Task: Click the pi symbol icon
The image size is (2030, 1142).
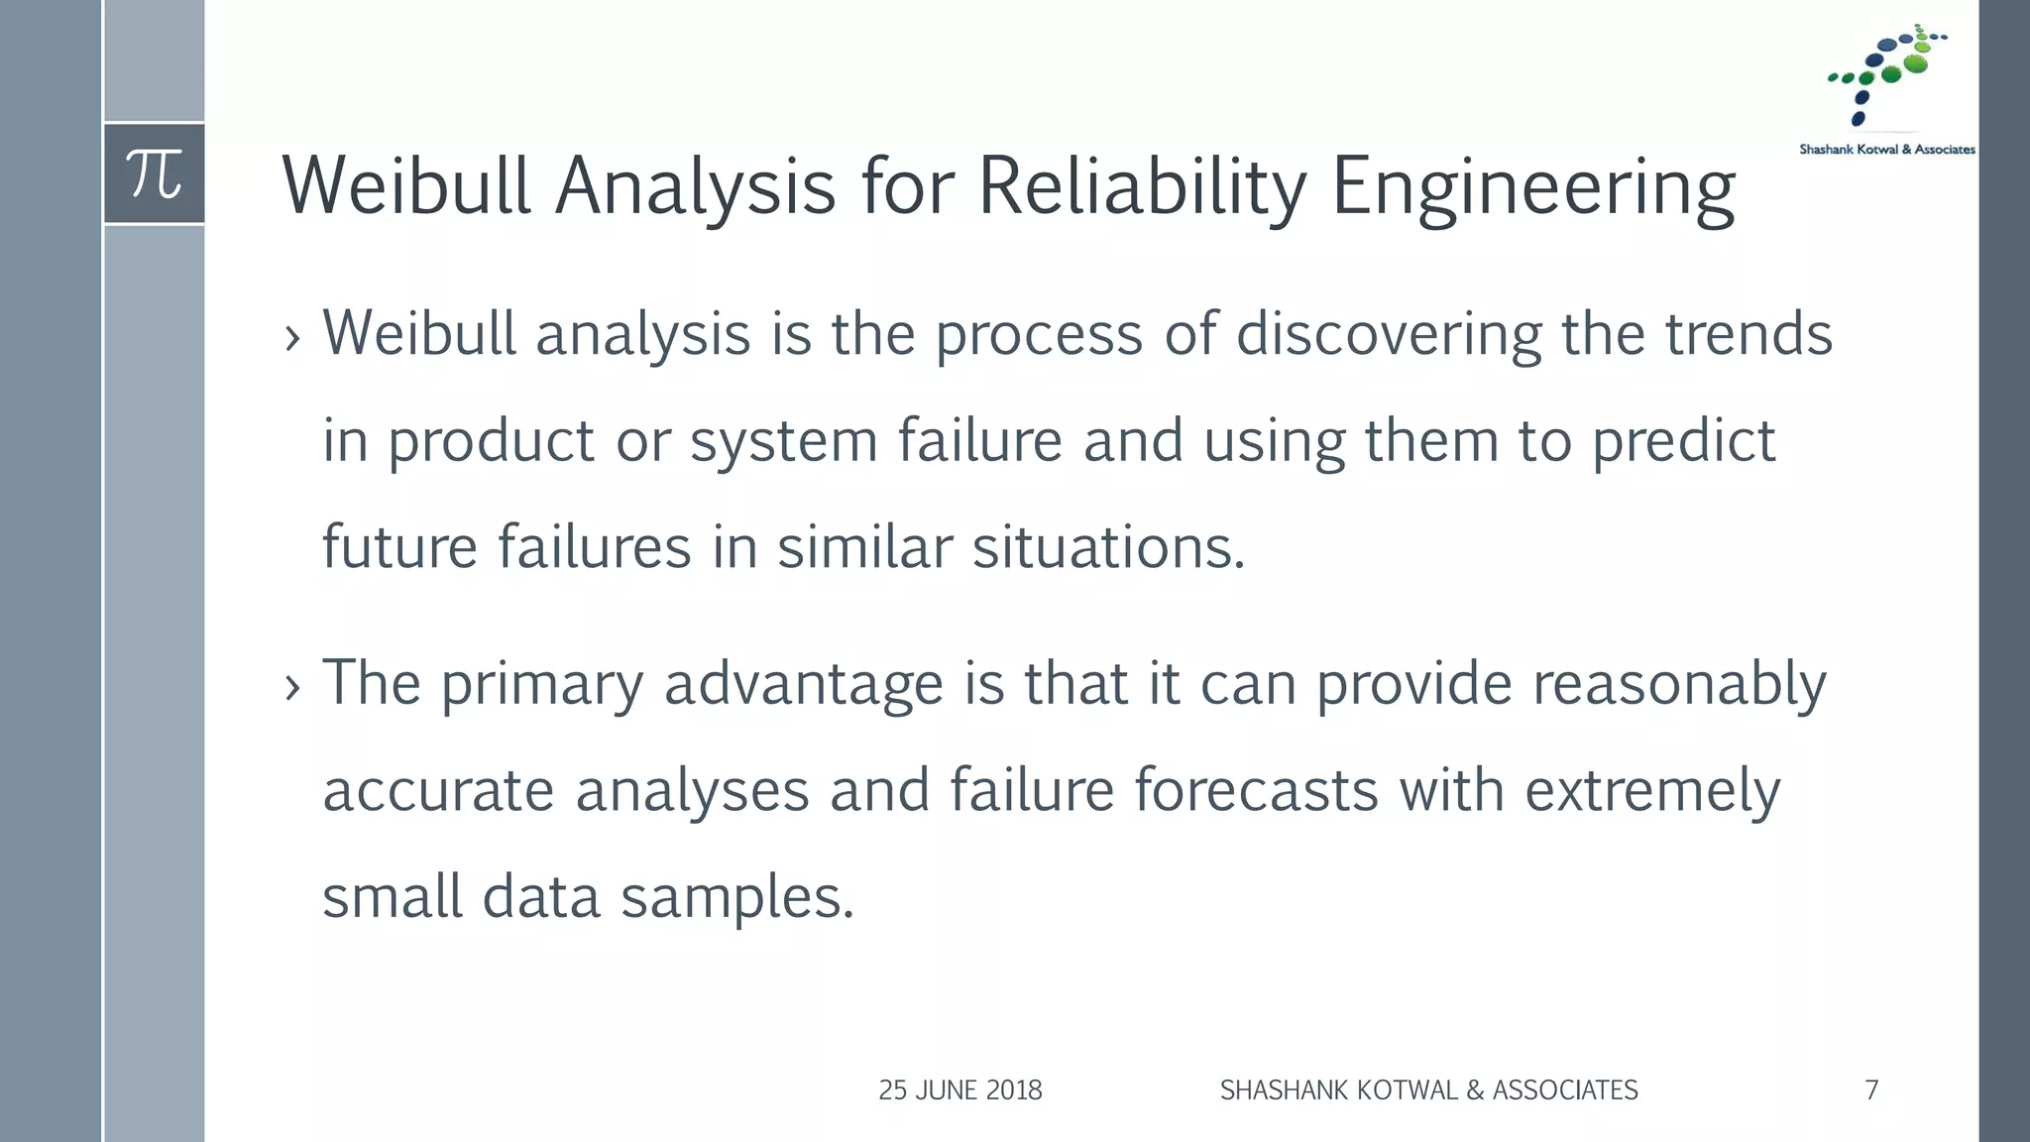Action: pos(155,174)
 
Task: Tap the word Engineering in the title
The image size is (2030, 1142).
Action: pos(1532,186)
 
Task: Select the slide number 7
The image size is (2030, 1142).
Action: pos(1871,1090)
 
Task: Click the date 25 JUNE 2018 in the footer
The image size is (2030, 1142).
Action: pos(959,1090)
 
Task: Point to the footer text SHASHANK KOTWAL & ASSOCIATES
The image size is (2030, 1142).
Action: pos(1428,1090)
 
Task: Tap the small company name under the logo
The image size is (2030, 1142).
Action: pos(1886,150)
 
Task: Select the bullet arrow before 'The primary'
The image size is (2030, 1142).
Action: pos(291,687)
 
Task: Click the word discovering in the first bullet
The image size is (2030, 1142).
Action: pos(1388,334)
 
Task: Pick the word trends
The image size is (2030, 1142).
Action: pos(1748,334)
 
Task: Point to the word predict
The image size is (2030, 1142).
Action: pos(1683,442)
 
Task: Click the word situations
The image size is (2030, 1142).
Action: pos(1107,547)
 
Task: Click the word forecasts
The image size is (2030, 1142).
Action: pos(1256,791)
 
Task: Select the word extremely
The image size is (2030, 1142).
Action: pos(1652,791)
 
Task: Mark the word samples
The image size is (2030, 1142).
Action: pos(736,898)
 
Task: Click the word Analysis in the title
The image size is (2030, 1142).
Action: pos(695,186)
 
